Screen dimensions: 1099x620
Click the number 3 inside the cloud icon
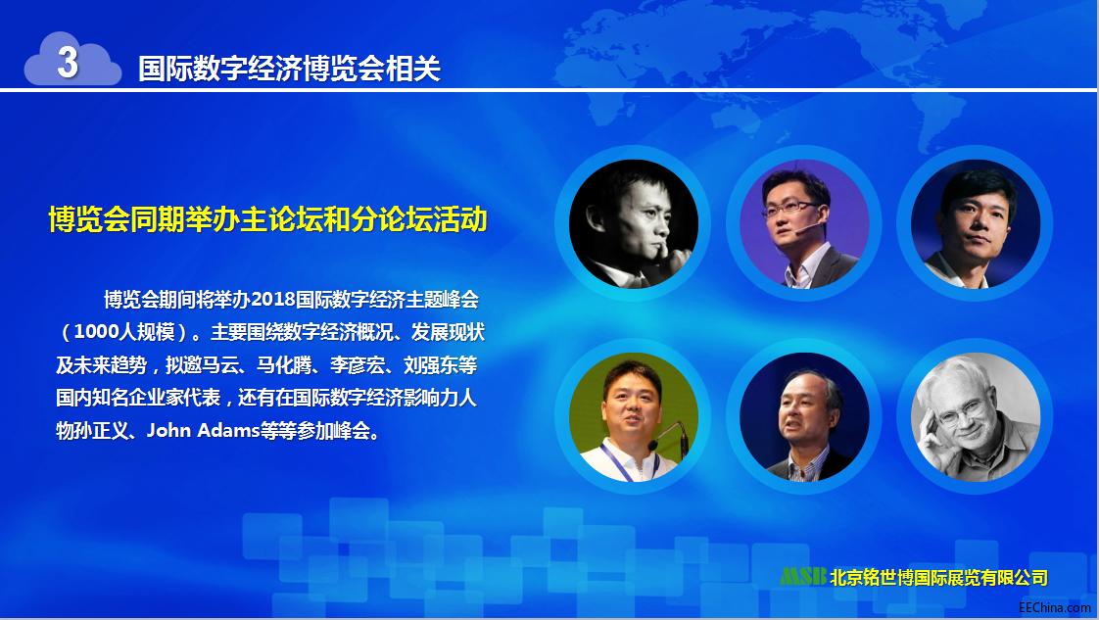pos(68,62)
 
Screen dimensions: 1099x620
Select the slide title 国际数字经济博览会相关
pos(290,69)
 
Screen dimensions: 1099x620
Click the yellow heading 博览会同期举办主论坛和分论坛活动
pos(267,219)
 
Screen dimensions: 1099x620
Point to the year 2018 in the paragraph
pos(272,300)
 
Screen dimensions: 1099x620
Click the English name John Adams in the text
pos(204,430)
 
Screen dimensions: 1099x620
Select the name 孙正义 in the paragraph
pos(101,430)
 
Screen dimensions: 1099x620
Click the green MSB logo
pos(803,576)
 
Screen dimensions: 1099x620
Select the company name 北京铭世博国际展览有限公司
pos(938,577)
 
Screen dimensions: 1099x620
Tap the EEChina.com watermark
pos(1055,607)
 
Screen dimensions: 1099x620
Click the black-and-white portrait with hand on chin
pos(634,224)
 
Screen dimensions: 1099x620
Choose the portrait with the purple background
pos(804,224)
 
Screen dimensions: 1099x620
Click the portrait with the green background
pos(634,417)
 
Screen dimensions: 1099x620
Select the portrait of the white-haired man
pos(976,417)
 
